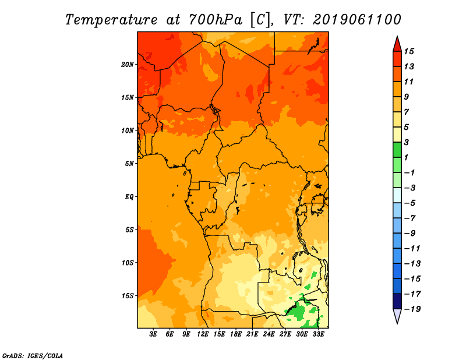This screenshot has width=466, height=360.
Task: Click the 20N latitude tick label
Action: [128, 65]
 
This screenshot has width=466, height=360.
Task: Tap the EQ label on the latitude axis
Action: [129, 197]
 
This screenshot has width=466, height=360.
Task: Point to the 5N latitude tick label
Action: [129, 164]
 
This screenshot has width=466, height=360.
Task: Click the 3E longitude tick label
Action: [153, 334]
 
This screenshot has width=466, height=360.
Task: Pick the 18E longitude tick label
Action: [236, 334]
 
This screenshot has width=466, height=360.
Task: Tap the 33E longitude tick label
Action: [318, 334]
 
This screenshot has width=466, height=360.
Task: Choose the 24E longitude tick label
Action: [269, 334]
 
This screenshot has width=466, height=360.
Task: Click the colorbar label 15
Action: [409, 51]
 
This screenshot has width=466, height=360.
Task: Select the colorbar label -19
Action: [412, 309]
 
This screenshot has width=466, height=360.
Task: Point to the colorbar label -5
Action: [410, 203]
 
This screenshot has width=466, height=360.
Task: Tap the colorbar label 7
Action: [407, 112]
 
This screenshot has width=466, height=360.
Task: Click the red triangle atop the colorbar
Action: [397, 45]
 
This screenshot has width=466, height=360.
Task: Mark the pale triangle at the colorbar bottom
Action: [397, 315]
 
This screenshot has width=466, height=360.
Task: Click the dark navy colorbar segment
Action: [397, 301]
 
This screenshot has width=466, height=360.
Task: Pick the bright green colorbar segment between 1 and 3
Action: [397, 150]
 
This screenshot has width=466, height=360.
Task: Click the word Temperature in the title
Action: [111, 20]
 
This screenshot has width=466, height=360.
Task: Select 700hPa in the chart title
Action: [216, 20]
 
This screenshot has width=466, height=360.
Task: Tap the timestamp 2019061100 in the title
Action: [356, 20]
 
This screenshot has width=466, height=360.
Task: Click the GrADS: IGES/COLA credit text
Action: [33, 355]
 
